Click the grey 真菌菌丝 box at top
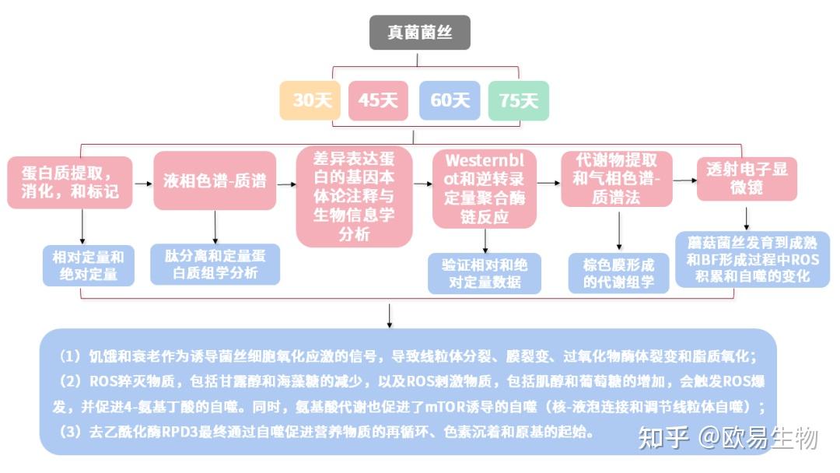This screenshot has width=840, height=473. (419, 33)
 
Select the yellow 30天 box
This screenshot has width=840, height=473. (311, 100)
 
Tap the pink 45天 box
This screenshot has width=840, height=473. (378, 100)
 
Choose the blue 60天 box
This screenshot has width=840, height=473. (450, 100)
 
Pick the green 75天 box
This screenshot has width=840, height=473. (518, 100)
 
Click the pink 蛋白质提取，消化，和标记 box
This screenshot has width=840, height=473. (70, 180)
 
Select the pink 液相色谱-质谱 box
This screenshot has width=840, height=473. (215, 181)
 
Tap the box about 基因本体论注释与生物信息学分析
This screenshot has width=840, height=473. (354, 196)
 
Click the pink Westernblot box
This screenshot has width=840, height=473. (485, 188)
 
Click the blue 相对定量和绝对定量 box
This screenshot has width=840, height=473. (89, 265)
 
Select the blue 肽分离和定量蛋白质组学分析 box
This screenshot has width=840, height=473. (215, 264)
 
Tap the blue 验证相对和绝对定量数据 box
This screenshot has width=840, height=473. (485, 273)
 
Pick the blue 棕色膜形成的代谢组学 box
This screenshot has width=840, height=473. (618, 273)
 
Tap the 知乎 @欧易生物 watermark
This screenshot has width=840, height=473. (727, 439)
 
